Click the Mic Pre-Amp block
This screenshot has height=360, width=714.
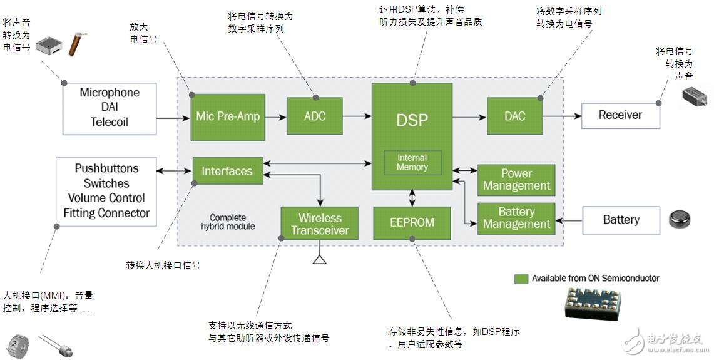228,116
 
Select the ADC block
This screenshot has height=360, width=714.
315,116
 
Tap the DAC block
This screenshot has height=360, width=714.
514,116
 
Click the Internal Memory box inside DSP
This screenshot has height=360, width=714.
412,163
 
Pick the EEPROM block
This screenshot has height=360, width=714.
412,223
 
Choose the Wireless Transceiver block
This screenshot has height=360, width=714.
319,224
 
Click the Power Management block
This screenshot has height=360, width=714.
516,180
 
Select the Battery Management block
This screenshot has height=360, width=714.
516,218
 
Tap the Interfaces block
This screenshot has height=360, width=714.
227,171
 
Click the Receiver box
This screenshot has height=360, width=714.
620,115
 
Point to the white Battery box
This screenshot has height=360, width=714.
621,220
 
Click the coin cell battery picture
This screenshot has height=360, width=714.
680,219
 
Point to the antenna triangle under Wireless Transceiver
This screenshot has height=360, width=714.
320,259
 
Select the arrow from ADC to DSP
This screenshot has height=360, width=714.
357,116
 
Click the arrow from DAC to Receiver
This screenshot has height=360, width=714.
562,116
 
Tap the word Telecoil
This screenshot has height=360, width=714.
110,122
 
